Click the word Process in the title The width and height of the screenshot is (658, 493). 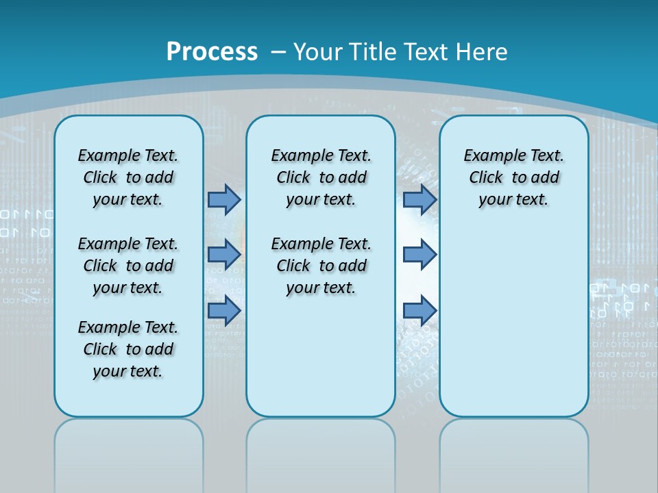(x=212, y=51)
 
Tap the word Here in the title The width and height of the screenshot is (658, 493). (x=482, y=51)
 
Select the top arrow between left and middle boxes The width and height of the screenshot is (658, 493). (x=224, y=199)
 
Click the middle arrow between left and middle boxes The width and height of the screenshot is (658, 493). (x=224, y=255)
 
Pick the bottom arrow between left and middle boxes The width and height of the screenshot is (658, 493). (x=224, y=310)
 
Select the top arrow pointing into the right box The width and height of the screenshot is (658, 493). (x=419, y=199)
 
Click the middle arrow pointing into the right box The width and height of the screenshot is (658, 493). (x=419, y=255)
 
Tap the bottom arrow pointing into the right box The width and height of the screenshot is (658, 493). (x=419, y=310)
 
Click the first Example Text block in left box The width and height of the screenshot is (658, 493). (x=128, y=177)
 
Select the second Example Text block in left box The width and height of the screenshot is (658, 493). (x=128, y=266)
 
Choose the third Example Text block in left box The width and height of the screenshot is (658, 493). (x=128, y=349)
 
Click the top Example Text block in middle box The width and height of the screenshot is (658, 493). (x=321, y=177)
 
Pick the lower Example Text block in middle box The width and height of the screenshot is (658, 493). (x=321, y=266)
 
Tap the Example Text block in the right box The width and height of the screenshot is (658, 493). (x=513, y=177)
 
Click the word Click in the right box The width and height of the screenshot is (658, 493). (x=486, y=177)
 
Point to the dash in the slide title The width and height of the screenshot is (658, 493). (x=278, y=52)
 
